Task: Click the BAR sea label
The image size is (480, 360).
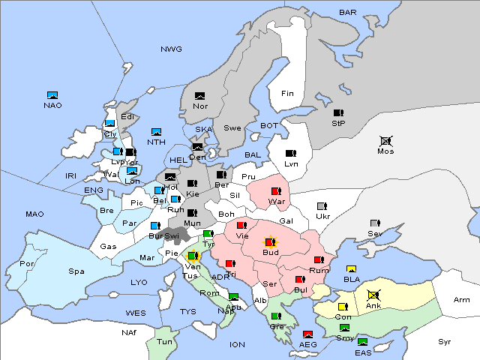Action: tap(347, 12)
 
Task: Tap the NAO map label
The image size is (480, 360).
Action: tap(52, 105)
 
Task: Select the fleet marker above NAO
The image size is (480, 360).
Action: tap(52, 95)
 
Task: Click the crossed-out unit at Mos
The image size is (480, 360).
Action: tap(385, 140)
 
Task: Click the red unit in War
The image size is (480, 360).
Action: tap(277, 191)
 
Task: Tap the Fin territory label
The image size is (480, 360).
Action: tap(287, 93)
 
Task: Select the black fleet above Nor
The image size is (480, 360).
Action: tap(200, 96)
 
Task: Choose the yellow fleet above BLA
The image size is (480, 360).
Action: tap(351, 269)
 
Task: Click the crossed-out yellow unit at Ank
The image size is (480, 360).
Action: tap(373, 295)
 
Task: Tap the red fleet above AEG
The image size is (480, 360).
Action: tap(307, 334)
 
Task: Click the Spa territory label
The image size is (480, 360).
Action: tap(76, 271)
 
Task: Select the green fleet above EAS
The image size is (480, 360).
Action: tap(363, 342)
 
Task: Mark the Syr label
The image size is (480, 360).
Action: tap(445, 341)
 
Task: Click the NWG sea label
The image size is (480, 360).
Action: tap(171, 49)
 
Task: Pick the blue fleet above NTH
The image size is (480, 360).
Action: tap(157, 132)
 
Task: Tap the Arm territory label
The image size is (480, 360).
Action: tap(462, 300)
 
